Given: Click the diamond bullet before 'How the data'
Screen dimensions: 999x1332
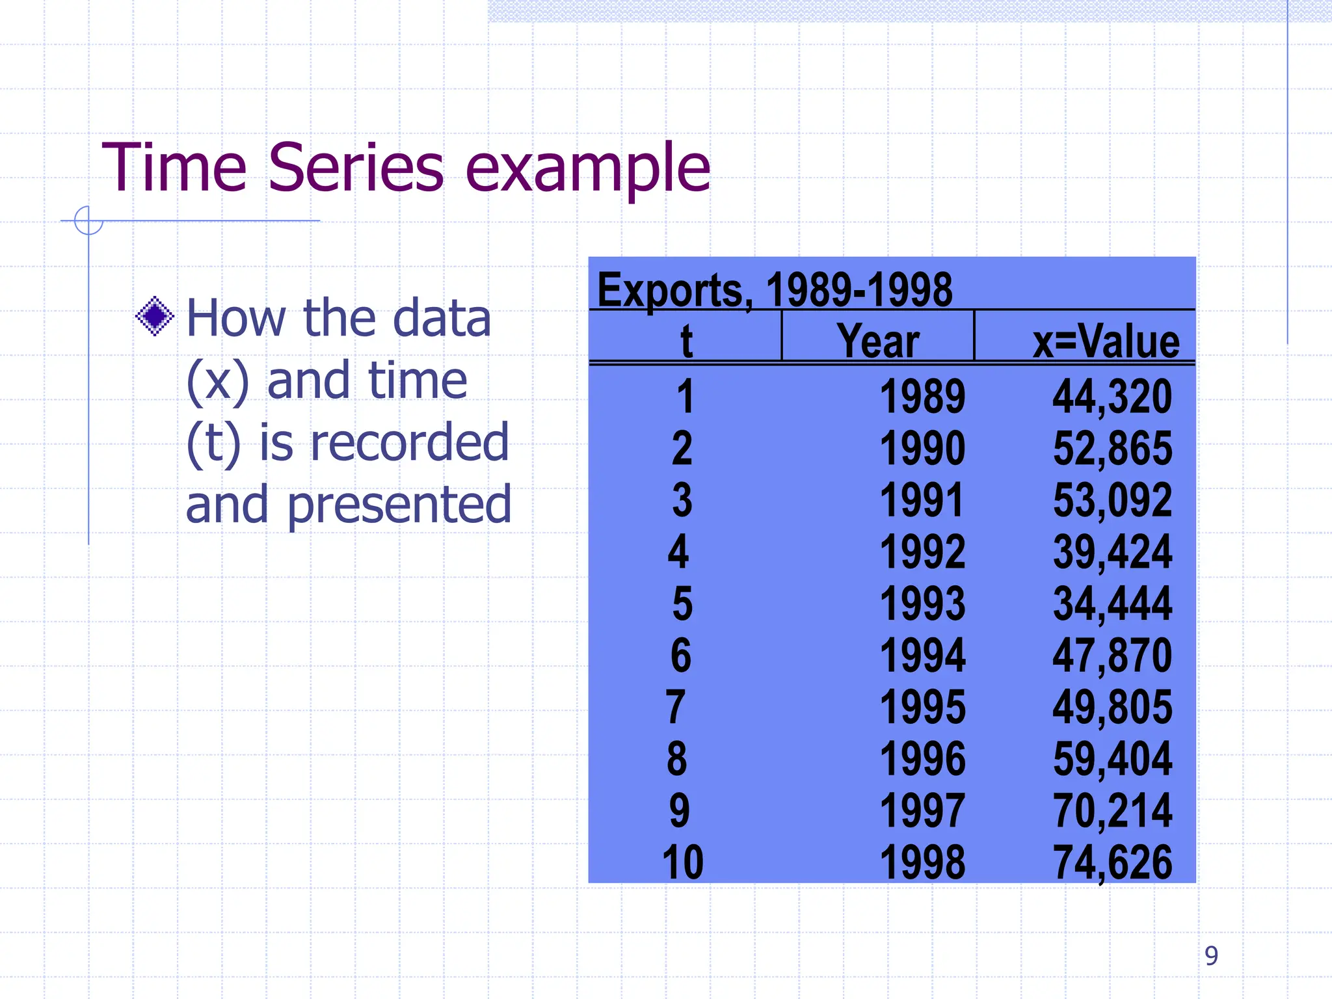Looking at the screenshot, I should tap(155, 317).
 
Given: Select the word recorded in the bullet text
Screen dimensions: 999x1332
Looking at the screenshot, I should tap(410, 442).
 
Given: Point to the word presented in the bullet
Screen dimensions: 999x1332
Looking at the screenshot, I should tap(399, 505).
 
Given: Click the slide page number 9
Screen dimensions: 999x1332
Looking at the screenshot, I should tap(1211, 955).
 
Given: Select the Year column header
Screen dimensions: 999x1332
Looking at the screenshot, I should tap(877, 341).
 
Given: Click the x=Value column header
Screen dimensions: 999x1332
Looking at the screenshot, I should tap(1106, 341).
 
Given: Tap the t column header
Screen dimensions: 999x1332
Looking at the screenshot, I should tap(686, 341).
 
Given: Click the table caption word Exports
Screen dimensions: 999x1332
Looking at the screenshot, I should tap(674, 289).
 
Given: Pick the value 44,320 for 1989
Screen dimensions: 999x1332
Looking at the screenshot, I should tap(1112, 396).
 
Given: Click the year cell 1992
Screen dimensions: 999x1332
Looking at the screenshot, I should tap(922, 552).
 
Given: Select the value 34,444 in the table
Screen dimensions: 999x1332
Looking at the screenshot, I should tap(1112, 604).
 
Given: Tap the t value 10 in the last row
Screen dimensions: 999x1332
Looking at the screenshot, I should tap(683, 862).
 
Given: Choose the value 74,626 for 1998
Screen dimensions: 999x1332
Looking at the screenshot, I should tap(1112, 862).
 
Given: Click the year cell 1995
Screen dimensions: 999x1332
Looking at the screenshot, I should tap(922, 707).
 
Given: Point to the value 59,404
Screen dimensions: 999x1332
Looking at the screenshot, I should tap(1112, 759).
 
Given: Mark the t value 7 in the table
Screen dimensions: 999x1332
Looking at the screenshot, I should tap(676, 707).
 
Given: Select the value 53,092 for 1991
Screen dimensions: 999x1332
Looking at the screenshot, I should tap(1112, 500).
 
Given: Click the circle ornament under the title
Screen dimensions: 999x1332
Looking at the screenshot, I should tap(88, 220).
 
